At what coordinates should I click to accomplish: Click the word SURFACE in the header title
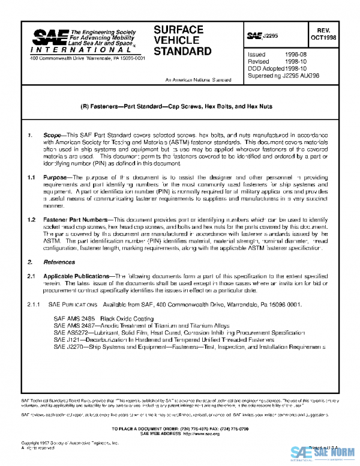tap(178, 29)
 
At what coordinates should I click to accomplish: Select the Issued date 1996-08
tap(295, 55)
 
